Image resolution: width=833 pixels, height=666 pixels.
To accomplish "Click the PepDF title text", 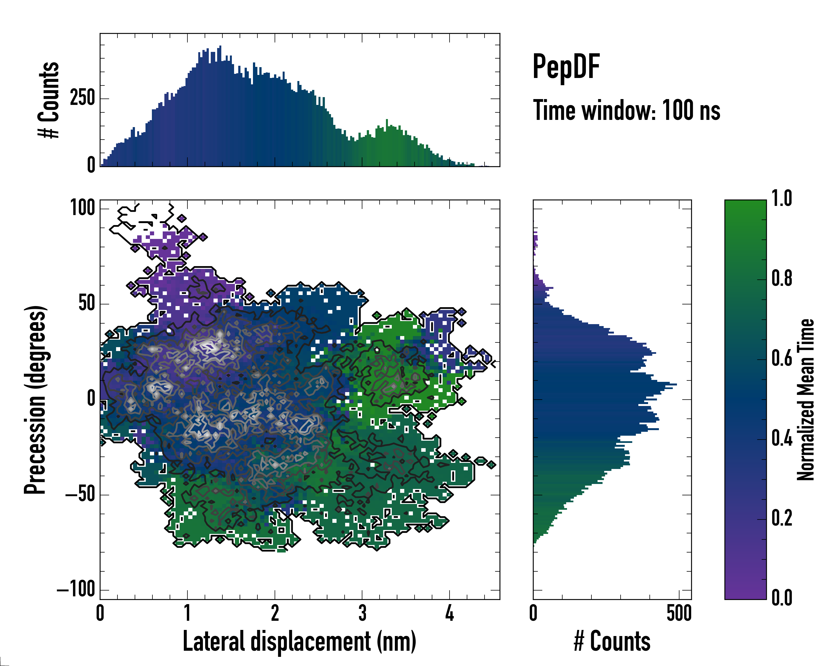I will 566,67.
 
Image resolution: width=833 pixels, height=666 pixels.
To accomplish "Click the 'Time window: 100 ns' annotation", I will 626,110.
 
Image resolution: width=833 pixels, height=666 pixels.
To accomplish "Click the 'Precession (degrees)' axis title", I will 36,400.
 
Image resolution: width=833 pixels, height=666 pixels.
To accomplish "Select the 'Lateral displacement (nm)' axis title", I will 299,641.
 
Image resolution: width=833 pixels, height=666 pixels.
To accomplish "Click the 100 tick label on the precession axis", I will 82,208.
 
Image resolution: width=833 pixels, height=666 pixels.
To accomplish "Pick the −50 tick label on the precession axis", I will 80,494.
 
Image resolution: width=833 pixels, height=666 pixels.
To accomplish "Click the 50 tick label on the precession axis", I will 87,304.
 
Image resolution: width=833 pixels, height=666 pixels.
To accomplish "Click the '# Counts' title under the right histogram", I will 612,641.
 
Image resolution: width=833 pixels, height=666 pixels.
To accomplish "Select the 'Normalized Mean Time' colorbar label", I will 806,400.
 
